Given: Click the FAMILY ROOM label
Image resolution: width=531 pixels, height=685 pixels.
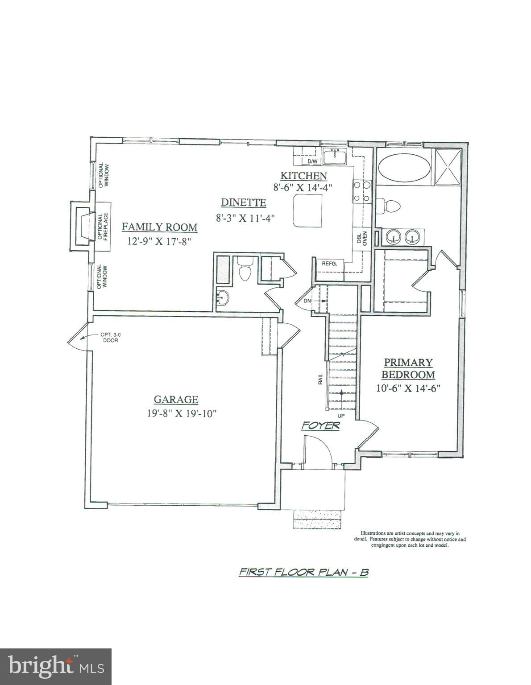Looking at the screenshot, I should click(x=160, y=227).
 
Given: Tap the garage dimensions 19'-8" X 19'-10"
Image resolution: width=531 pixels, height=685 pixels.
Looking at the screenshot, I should click(x=182, y=413).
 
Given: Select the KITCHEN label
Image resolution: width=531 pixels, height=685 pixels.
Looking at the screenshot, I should click(x=303, y=176).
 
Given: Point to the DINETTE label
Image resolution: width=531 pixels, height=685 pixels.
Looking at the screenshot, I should click(x=244, y=203).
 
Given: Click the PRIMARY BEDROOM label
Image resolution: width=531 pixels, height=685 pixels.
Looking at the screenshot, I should click(x=408, y=368).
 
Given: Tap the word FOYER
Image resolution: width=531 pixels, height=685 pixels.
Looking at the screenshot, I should click(x=320, y=426).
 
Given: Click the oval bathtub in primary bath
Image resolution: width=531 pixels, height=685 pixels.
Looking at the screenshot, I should click(x=404, y=168).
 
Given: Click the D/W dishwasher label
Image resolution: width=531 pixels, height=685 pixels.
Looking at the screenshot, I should click(x=312, y=161).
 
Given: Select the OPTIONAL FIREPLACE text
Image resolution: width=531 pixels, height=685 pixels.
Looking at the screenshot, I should click(x=103, y=227).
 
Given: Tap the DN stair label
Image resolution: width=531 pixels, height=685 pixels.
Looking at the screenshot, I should click(x=307, y=301).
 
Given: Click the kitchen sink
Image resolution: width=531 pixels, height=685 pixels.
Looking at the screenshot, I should click(x=335, y=157).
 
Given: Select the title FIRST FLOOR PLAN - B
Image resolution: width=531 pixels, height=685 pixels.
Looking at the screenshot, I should click(x=303, y=572).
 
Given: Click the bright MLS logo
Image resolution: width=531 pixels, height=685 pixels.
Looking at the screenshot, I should click(x=56, y=667).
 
